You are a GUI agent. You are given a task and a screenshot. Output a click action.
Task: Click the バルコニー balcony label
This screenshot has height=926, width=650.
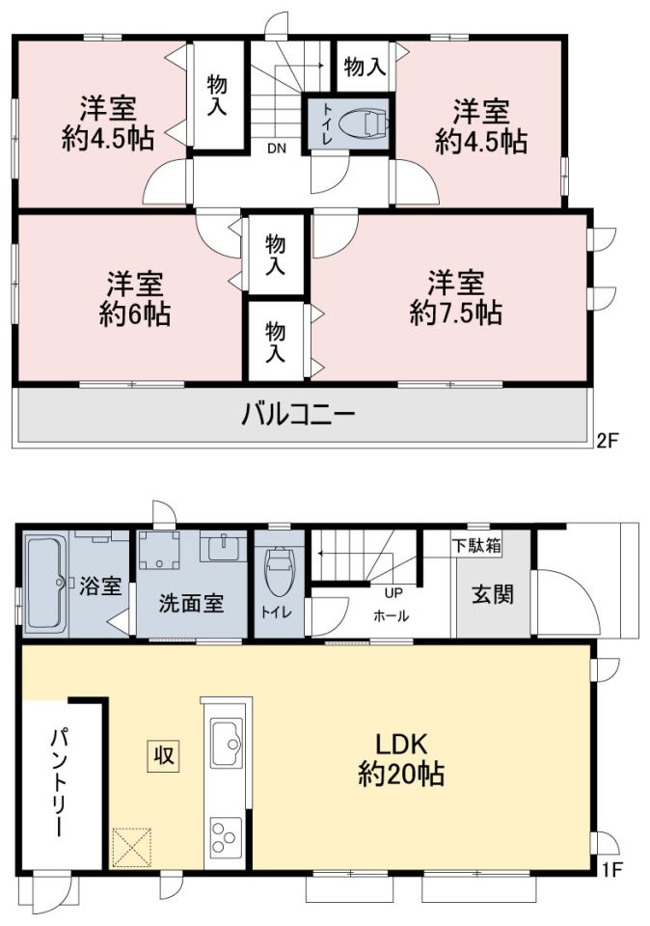click(x=298, y=414)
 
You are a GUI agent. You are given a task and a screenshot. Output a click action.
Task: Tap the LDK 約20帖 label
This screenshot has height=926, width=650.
click(x=401, y=758)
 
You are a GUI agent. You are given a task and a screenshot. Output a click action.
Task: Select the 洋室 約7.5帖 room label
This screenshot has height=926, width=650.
click(x=456, y=298)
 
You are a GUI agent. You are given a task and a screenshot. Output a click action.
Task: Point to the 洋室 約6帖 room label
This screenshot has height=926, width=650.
click(x=135, y=299)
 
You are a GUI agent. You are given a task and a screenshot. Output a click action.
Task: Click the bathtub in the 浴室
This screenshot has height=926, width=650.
click(x=44, y=583)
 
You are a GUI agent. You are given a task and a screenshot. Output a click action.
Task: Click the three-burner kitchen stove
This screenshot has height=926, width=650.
click(x=226, y=837)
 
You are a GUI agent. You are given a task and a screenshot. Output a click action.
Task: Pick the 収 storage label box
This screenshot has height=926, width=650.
click(x=163, y=755)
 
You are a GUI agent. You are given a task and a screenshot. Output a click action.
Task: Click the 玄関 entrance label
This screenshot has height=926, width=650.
click(x=493, y=594)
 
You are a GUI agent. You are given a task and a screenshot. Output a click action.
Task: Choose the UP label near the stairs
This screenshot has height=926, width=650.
click(x=393, y=592)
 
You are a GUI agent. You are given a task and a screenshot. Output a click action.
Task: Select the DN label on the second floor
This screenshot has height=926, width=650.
click(x=276, y=149)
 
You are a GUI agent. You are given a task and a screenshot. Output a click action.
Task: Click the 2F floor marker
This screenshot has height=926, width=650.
click(x=607, y=441)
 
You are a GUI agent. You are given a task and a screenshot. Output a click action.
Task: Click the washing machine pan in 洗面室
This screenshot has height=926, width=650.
click(x=159, y=550)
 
